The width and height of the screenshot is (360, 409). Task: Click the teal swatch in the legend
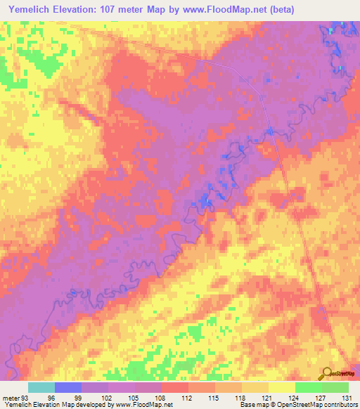point(41,387)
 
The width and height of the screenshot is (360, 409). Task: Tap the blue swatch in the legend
point(68,387)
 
